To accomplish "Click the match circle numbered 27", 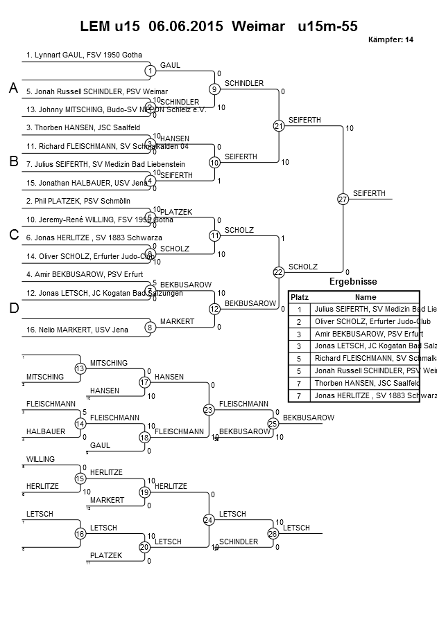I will coord(343,199).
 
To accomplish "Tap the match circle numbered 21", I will coord(279,126).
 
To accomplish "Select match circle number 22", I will coord(279,273).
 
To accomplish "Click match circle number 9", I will coord(215,89).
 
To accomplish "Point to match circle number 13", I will coord(80,368).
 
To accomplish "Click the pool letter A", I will coord(13,89).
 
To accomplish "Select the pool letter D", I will coord(13,309).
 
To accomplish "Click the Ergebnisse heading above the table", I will coord(352,282).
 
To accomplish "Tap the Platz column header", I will coord(299,296).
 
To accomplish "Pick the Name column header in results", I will coord(365,296).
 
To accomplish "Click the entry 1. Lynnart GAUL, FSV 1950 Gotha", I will coord(84,54).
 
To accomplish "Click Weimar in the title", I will coord(258,27).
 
